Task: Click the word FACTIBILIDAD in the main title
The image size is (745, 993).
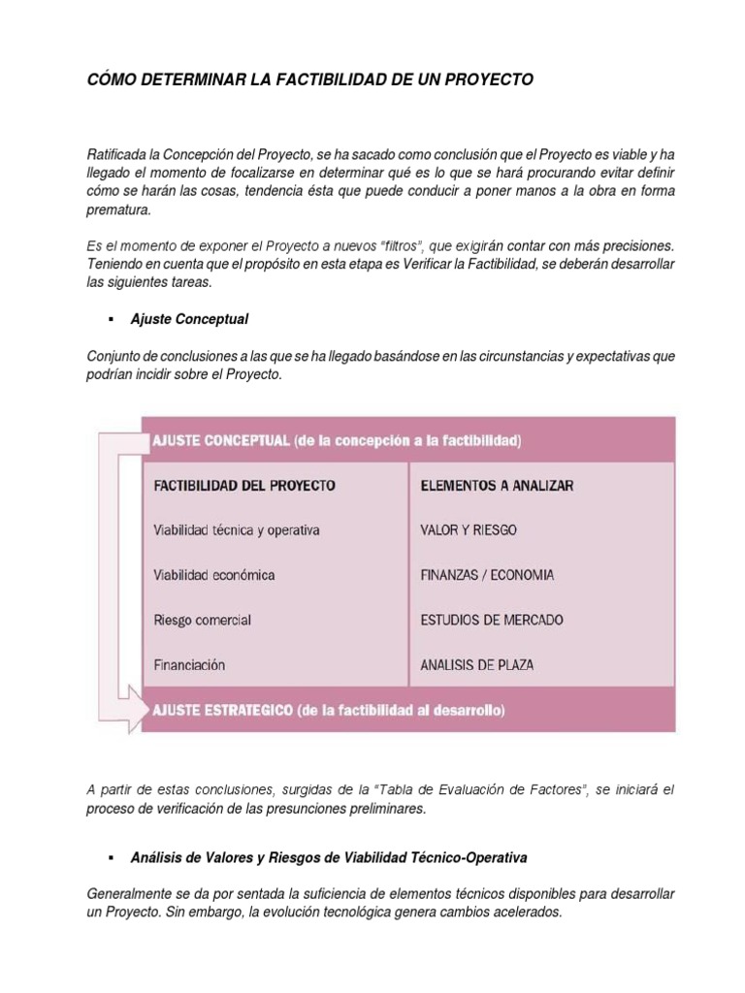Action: (x=326, y=80)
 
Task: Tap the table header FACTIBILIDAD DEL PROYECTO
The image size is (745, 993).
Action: (x=244, y=486)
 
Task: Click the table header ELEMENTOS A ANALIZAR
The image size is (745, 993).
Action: (x=497, y=486)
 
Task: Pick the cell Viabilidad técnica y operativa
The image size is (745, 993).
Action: (x=237, y=530)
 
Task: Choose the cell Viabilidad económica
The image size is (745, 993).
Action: (x=214, y=575)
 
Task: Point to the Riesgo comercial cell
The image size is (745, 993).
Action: (x=203, y=620)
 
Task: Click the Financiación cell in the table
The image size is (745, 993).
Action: (x=190, y=665)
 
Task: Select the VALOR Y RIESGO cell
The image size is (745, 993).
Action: (x=469, y=530)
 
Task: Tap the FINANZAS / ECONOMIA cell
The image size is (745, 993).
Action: (x=488, y=575)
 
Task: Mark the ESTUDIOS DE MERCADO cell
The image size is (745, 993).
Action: (x=492, y=620)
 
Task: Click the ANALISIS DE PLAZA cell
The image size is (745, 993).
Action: (x=477, y=665)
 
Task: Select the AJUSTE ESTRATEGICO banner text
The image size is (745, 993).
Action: (x=328, y=710)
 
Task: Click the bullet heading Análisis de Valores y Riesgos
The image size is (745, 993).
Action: (x=329, y=858)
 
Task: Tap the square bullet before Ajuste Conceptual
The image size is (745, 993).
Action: (x=112, y=318)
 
